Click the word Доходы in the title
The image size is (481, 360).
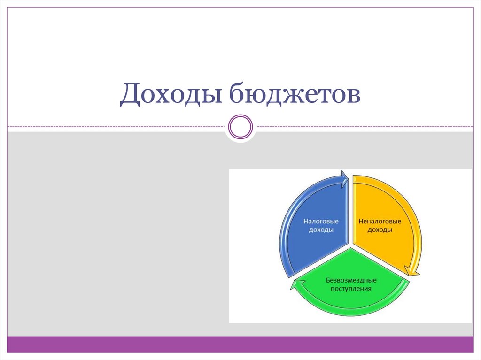pyautogui.click(x=170, y=94)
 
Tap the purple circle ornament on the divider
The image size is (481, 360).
pyautogui.click(x=240, y=127)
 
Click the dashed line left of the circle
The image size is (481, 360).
pyautogui.click(x=117, y=127)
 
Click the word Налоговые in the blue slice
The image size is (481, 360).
pyautogui.click(x=321, y=221)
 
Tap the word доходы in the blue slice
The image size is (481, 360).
pyautogui.click(x=321, y=230)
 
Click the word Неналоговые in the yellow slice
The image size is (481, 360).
pyautogui.click(x=380, y=221)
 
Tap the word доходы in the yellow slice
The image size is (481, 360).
pyautogui.click(x=380, y=230)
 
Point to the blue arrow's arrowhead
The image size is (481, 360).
pyautogui.click(x=345, y=178)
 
